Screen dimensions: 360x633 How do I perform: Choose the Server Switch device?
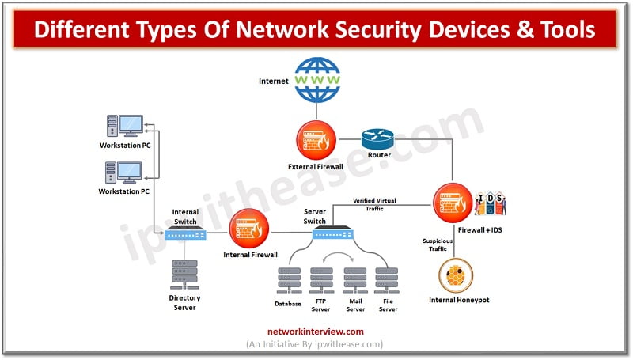click(331, 233)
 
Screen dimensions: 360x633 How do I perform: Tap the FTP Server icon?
click(322, 280)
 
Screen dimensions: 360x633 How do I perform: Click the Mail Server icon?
click(354, 280)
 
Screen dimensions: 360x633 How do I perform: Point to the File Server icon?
click(387, 280)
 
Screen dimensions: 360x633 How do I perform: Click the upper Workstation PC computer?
click(125, 127)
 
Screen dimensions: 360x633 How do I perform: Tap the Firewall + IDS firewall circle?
click(453, 202)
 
